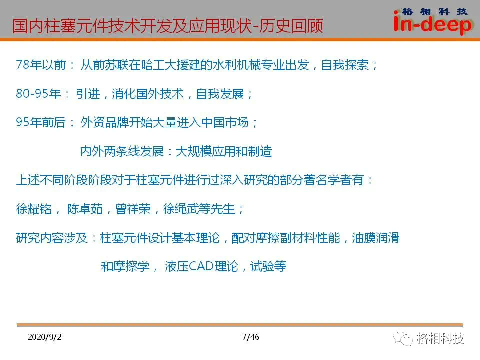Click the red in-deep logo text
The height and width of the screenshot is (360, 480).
tap(433, 24)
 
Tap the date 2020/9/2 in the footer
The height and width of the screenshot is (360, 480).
tap(44, 337)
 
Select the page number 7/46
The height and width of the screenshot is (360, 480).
tap(250, 337)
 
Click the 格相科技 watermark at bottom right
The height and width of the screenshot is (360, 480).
tap(440, 338)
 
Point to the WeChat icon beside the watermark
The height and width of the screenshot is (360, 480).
tap(403, 339)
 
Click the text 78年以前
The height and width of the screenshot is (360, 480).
tap(41, 65)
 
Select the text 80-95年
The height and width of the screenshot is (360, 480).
tap(39, 93)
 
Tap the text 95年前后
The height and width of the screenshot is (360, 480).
tap(41, 122)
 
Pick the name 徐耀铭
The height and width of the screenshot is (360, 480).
tap(34, 209)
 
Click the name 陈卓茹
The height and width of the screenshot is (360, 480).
tap(85, 209)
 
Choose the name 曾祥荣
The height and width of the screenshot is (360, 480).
tap(133, 209)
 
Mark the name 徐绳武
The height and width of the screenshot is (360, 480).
tap(181, 209)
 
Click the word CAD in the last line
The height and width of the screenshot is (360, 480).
tap(201, 266)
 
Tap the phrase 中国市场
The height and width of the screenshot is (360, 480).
tap(225, 122)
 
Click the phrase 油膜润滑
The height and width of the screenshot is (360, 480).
tap(375, 238)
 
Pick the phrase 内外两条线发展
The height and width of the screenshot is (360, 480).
tap(122, 151)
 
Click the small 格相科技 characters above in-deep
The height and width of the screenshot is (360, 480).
tap(434, 12)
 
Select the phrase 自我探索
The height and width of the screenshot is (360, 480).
tap(345, 65)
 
